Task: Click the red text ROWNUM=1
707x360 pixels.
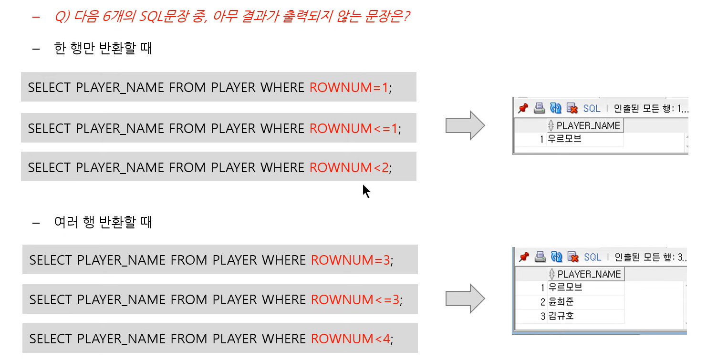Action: (349, 88)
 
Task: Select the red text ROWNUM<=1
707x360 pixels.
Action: (354, 129)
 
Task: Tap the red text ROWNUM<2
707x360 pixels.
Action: (349, 168)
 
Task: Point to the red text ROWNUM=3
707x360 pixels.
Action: (351, 260)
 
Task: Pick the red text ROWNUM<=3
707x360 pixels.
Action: (355, 300)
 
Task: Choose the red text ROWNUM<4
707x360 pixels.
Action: (351, 339)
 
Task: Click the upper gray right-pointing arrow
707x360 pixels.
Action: (465, 125)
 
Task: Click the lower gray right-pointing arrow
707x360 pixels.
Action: (465, 298)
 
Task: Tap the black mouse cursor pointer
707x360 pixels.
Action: (366, 191)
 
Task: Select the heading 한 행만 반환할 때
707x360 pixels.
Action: (103, 49)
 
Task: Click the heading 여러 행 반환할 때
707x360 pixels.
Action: (103, 222)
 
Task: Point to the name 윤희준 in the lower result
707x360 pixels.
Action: (561, 302)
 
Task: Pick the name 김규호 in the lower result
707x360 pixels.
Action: (561, 316)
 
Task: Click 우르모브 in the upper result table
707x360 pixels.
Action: (564, 140)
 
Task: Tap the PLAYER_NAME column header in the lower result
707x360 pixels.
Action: (589, 274)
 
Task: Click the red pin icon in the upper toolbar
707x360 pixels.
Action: (523, 109)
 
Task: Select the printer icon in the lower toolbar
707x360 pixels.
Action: (540, 257)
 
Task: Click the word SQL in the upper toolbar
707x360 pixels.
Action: (592, 109)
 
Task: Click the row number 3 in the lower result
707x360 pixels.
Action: (543, 316)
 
